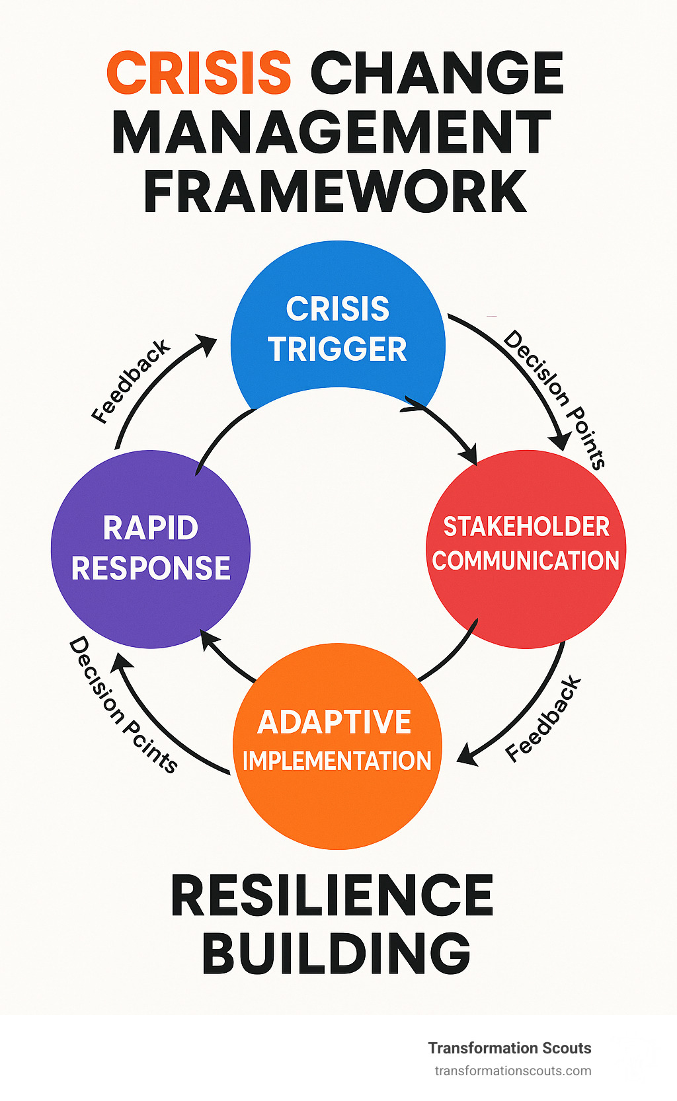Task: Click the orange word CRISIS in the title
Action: [198, 73]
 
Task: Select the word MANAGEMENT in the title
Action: [332, 132]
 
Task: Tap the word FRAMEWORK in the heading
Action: [335, 191]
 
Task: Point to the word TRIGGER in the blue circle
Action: [338, 350]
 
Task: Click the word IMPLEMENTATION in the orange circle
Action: [337, 761]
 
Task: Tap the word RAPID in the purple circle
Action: [151, 528]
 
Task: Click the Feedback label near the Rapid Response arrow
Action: [130, 381]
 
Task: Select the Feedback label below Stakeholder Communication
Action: [543, 719]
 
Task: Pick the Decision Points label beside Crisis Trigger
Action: [554, 399]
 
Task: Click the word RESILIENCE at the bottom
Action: [332, 895]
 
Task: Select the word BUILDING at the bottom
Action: [336, 954]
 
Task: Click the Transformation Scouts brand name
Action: [509, 1047]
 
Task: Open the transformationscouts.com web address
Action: [512, 1071]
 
